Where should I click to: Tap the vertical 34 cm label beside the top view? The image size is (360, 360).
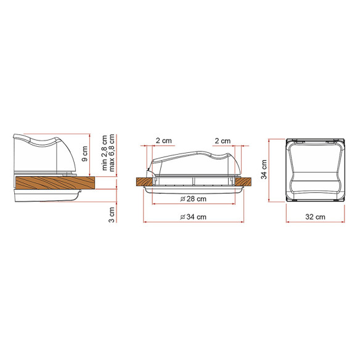[264, 171]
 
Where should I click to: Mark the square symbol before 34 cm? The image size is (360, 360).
[180, 217]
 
